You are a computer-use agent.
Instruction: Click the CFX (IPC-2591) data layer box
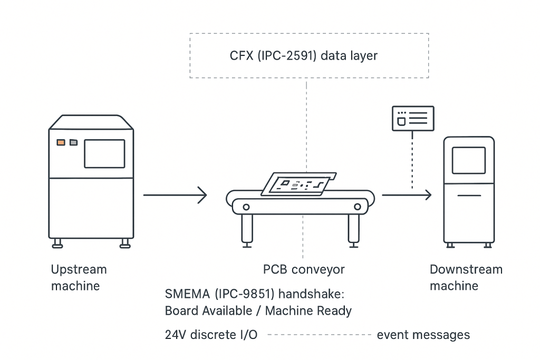(309, 56)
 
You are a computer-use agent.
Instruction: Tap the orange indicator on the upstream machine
(61, 142)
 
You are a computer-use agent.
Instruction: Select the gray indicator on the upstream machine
(73, 142)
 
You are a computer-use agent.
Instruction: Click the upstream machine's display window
(104, 154)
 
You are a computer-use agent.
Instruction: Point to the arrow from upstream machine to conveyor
(175, 195)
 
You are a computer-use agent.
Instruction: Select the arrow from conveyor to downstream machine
(407, 195)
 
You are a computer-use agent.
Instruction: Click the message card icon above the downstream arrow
(412, 118)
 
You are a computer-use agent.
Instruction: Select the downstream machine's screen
(468, 160)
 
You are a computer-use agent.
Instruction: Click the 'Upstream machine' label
(79, 278)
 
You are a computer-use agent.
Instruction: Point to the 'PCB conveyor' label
(304, 270)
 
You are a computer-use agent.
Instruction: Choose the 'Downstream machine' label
(466, 278)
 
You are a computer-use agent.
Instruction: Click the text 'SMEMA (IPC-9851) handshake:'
(254, 294)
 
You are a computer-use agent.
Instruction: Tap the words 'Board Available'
(208, 310)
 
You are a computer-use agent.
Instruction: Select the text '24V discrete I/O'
(211, 335)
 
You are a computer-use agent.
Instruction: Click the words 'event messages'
(423, 335)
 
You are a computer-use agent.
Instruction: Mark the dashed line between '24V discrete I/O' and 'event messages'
(319, 335)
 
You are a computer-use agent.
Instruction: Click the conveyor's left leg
(247, 229)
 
